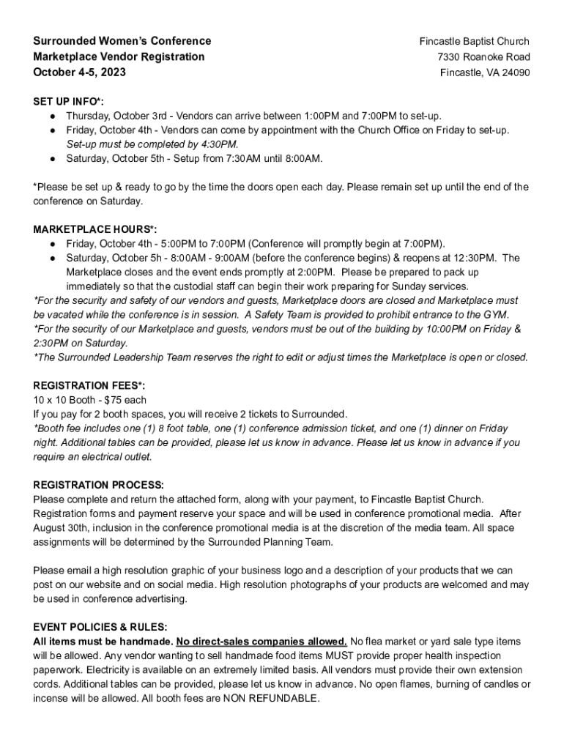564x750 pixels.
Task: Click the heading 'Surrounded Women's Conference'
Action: tap(122, 41)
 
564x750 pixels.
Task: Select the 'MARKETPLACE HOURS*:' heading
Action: tap(95, 229)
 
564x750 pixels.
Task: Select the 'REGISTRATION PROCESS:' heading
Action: tap(99, 485)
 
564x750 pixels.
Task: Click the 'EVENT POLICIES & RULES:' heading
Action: tap(100, 628)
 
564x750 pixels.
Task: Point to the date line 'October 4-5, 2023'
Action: tap(79, 73)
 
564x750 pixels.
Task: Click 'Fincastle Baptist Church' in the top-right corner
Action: tap(474, 41)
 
